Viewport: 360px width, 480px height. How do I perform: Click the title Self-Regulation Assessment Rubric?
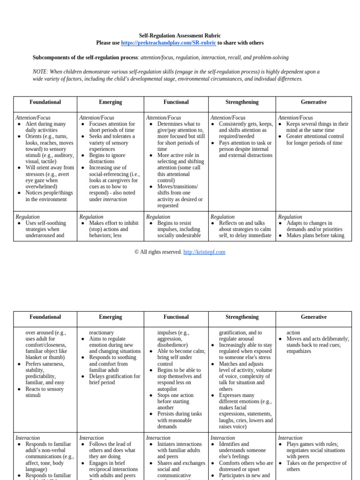(180, 36)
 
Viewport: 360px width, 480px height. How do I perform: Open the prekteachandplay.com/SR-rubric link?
(168, 43)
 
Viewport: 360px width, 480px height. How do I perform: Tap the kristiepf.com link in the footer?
(204, 252)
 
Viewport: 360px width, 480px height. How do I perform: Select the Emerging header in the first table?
(110, 102)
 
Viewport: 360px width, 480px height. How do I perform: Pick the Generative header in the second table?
(313, 317)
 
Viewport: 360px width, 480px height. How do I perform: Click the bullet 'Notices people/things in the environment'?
(49, 196)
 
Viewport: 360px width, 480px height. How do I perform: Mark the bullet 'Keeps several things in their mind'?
(317, 127)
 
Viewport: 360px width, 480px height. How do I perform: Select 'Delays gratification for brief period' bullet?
(114, 379)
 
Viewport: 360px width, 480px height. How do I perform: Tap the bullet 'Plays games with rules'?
(312, 444)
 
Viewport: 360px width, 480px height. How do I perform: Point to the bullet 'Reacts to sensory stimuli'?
(45, 392)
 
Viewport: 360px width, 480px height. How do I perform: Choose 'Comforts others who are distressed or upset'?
(246, 466)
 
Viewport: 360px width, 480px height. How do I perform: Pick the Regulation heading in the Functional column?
(158, 217)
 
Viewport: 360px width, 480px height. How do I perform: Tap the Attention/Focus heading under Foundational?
(33, 118)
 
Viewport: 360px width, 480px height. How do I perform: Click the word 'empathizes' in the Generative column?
(299, 351)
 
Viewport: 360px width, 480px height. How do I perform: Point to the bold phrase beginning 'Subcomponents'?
(85, 58)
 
